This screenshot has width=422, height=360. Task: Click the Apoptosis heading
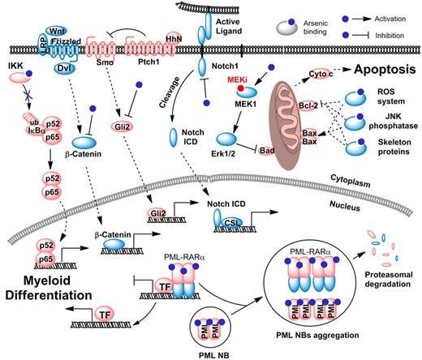click(x=364, y=71)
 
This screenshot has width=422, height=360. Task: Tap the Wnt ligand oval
click(x=58, y=28)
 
